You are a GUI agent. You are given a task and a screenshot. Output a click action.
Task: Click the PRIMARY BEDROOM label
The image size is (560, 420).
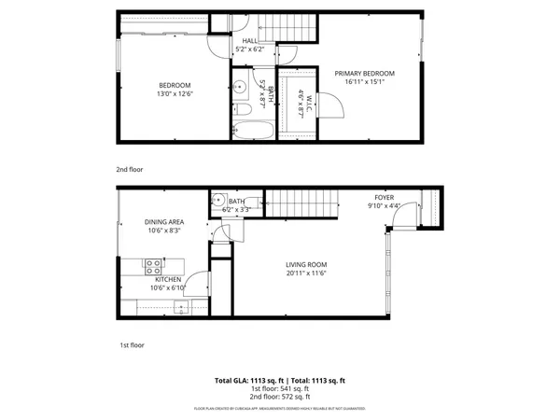click(x=364, y=74)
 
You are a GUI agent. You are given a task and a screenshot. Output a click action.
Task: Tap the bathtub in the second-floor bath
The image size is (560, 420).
click(x=253, y=131)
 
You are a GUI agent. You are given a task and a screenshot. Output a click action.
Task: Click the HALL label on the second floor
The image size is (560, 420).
click(x=250, y=41)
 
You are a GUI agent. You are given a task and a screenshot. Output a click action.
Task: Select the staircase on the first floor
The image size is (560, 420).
click(x=298, y=202)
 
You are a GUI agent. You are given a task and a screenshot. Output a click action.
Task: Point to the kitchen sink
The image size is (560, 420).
click(x=177, y=306)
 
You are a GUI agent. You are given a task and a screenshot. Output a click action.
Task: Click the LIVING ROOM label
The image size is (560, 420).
click(x=306, y=264)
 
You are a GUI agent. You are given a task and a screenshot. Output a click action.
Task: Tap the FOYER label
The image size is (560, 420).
click(x=384, y=197)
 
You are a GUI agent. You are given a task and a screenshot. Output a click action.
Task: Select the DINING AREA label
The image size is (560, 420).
click(x=163, y=222)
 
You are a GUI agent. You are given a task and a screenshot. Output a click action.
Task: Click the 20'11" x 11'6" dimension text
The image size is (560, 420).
click(x=306, y=273)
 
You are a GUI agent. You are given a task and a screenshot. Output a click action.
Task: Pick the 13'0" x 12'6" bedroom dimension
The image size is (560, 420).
click(x=175, y=93)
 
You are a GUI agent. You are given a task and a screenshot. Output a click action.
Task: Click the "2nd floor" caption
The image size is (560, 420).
click(x=129, y=170)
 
